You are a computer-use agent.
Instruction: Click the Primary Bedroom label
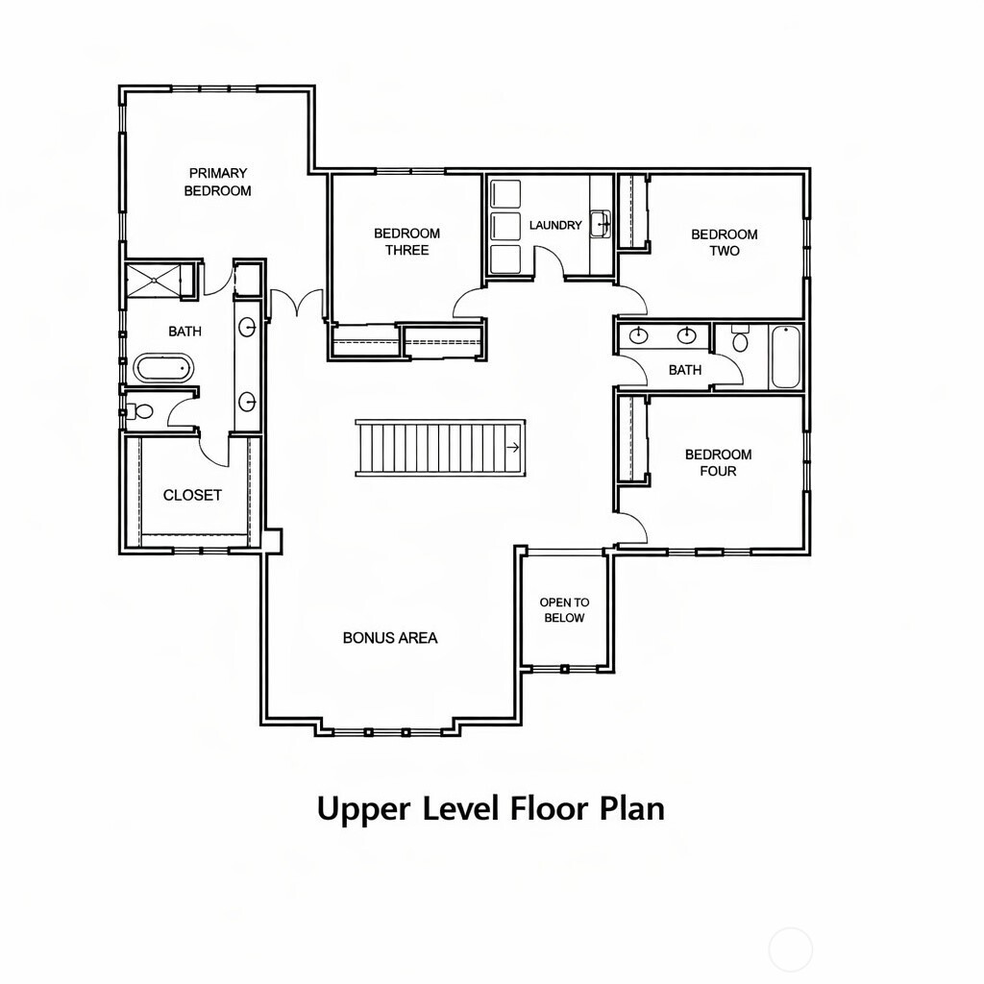218,182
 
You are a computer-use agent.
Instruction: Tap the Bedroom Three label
406,241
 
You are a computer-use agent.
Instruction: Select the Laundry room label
555,225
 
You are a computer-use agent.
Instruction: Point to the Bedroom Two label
725,242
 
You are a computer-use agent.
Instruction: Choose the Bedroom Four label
718,462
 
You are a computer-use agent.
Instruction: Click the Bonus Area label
390,638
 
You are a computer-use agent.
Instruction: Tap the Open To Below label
564,609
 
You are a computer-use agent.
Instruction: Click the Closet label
192,495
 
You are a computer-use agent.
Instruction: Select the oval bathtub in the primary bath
163,368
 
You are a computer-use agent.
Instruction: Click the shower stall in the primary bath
154,280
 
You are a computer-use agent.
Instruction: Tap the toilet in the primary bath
140,411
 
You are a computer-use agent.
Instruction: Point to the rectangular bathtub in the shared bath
786,357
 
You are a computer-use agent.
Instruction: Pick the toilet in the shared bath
741,339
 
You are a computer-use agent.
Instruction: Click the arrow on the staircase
513,448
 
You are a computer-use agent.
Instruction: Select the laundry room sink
600,224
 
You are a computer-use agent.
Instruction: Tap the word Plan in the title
632,808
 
